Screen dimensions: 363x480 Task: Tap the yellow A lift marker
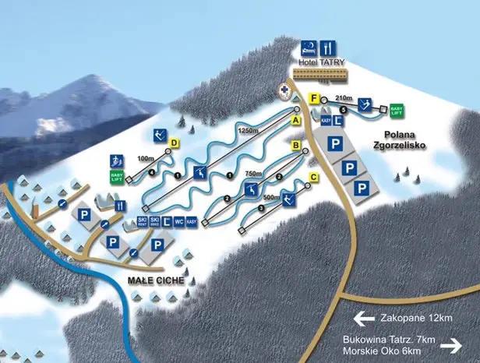pos(296,121)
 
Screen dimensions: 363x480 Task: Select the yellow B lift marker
pos(296,145)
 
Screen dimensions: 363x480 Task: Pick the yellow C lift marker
pos(313,178)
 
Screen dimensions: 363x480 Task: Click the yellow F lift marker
pos(313,98)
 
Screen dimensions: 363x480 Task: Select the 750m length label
pos(253,174)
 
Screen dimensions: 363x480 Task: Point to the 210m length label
pos(344,98)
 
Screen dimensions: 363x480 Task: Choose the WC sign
pos(178,222)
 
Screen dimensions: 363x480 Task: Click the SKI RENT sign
pos(143,222)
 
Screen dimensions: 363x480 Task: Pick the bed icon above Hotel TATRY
pos(309,46)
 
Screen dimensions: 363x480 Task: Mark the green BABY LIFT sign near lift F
pos(397,110)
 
